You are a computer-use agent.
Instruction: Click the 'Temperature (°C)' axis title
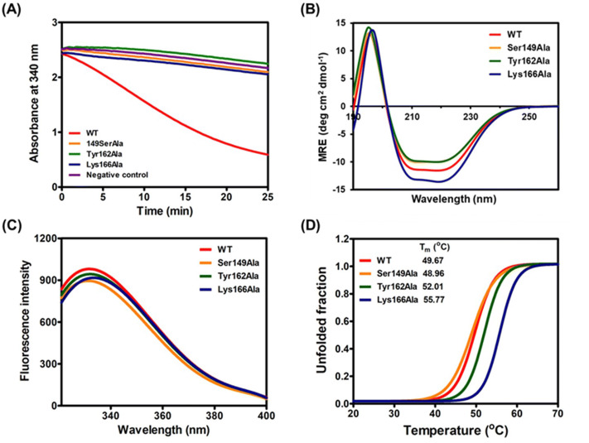tap(455, 431)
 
